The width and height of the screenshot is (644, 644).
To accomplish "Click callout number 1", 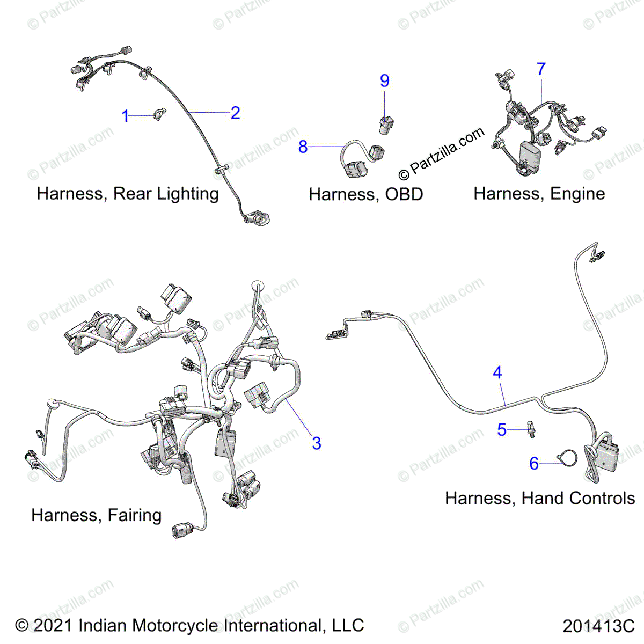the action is pos(126,116).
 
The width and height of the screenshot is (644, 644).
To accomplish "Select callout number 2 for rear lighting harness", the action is pos(235,113).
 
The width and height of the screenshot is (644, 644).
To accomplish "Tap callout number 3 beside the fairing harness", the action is pos(317,443).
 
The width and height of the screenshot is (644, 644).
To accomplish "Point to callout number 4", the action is pos(497,372).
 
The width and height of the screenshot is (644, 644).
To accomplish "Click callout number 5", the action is pos(502,429).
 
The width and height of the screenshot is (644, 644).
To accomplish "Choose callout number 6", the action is pos(534,463).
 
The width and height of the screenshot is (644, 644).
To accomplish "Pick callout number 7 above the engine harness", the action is pos(541,69).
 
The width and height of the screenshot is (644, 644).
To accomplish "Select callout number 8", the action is pos(303,147).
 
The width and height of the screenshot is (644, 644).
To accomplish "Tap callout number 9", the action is pos(385,80).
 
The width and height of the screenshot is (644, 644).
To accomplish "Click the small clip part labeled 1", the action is pos(159,113).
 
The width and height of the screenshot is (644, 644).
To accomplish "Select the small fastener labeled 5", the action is pos(532,429).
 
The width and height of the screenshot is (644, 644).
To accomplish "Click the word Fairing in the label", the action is pos(134,515).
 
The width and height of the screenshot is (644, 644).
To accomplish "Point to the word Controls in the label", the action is pos(602,499).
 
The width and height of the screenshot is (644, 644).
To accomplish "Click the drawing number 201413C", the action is pos(598,626).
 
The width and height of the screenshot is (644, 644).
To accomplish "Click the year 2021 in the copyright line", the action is pos(53,626).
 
